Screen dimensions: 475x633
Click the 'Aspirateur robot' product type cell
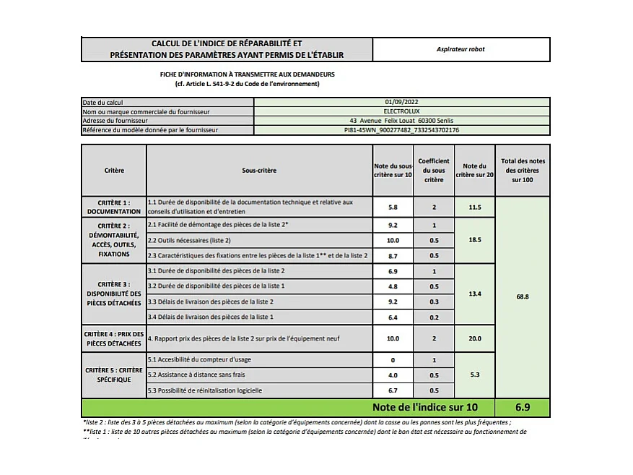(460, 49)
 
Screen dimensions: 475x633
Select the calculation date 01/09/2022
(401, 103)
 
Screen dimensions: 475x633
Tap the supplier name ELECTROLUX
(401, 111)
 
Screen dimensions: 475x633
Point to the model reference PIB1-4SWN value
(401, 130)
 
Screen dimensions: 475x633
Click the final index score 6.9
(523, 407)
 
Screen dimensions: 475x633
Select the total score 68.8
(523, 296)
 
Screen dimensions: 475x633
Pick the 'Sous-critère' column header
(259, 171)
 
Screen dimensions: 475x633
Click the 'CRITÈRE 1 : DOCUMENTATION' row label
(114, 207)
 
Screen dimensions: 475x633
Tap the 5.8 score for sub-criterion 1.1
(393, 207)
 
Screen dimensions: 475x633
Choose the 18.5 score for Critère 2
(474, 239)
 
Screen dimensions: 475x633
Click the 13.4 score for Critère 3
(474, 294)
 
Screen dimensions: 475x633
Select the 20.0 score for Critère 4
(474, 338)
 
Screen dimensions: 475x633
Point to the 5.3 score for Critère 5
(474, 375)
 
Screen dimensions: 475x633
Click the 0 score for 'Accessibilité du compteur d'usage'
(393, 359)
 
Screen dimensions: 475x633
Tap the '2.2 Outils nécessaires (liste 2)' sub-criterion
(189, 240)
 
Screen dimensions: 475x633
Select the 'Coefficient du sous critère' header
(434, 171)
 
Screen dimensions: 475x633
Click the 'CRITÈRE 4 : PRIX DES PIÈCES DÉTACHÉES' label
(114, 338)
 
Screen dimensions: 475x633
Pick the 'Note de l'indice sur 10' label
(424, 407)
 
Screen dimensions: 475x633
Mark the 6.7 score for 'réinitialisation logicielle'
(393, 390)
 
